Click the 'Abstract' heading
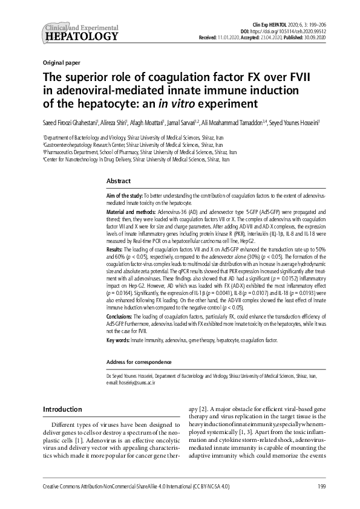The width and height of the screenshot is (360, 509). [119, 181]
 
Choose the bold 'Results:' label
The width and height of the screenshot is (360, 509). [114, 249]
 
